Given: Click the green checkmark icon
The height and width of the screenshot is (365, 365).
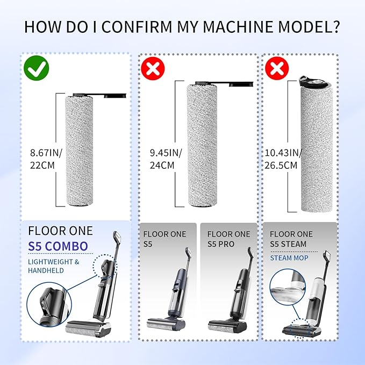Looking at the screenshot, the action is tap(37, 68).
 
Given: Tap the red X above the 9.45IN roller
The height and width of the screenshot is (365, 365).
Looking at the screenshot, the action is tap(153, 68).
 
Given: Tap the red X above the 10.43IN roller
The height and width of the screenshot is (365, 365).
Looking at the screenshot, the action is tap(277, 68).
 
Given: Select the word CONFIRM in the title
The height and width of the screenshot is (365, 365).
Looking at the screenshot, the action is tap(137, 27).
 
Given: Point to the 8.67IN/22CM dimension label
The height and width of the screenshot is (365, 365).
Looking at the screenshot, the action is tap(46, 159).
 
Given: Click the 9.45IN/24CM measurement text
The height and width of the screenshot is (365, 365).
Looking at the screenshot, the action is tap(166, 159).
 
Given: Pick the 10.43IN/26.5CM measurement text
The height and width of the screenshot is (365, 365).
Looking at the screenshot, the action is tap(283, 159).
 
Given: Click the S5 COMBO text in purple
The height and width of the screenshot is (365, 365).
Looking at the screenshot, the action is tap(58, 246).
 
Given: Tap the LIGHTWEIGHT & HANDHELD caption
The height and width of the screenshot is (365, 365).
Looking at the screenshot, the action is tap(54, 266).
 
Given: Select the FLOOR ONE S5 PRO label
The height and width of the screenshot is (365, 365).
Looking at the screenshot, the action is tap(228, 239).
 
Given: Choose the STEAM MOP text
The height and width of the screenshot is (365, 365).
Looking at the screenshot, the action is tap(289, 258).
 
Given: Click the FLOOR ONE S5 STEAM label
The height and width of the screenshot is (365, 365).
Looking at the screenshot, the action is tap(291, 239).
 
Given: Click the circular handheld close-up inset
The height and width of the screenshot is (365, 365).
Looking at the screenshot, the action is tap(49, 304).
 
